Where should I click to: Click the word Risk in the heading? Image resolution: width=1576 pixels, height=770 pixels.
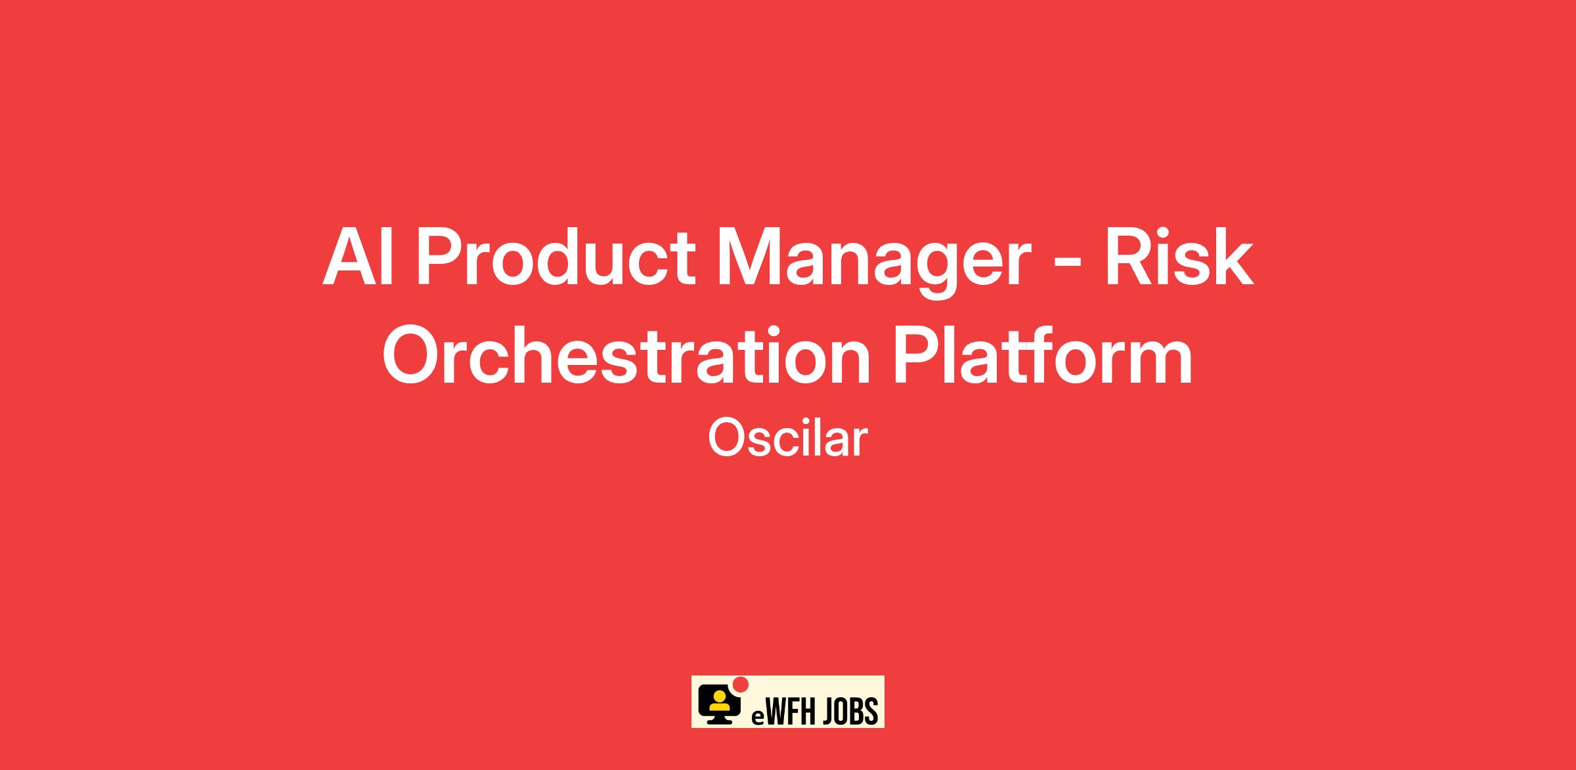1179,256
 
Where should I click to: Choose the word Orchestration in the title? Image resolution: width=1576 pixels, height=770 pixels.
626,355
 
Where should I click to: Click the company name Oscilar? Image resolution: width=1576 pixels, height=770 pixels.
787,438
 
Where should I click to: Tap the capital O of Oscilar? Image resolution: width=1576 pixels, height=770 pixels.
725,439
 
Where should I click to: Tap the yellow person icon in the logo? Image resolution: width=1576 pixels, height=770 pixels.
718,701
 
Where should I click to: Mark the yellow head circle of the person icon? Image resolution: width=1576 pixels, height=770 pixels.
718,695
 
